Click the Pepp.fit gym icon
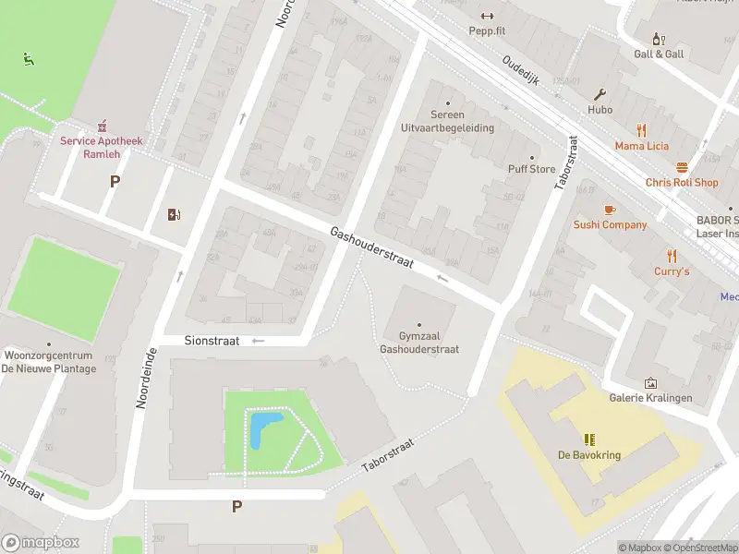click(x=487, y=15)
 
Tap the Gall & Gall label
click(x=659, y=54)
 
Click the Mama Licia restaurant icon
click(x=641, y=130)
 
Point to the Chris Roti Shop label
click(x=682, y=183)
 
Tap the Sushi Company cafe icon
click(x=609, y=210)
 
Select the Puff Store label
click(x=531, y=169)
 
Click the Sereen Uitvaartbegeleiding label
click(x=448, y=122)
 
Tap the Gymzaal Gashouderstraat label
click(x=419, y=343)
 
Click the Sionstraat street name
click(x=211, y=341)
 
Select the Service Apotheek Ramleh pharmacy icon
click(x=102, y=125)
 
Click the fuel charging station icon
click(x=174, y=215)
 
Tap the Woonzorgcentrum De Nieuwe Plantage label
click(x=48, y=362)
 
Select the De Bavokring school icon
click(x=588, y=440)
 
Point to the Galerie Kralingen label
click(x=650, y=398)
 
